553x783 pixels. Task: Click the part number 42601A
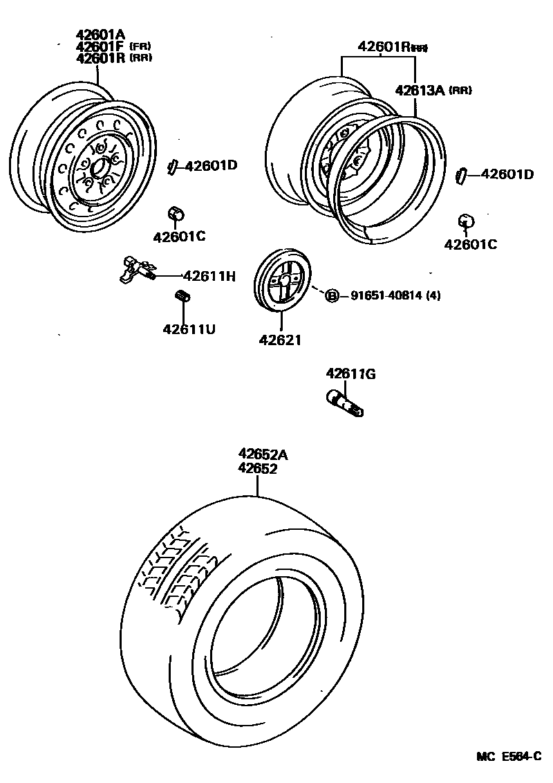101,35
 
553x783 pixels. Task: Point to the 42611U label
189,329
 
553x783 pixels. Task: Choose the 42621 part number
281,340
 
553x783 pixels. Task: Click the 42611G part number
350,374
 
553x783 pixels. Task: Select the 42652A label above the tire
263,454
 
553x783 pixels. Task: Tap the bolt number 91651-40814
386,296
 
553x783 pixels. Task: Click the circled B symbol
332,296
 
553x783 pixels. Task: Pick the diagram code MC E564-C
507,757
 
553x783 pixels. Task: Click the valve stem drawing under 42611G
344,403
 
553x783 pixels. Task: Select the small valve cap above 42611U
184,297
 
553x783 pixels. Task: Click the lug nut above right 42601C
467,221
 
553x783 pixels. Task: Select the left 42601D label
211,165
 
